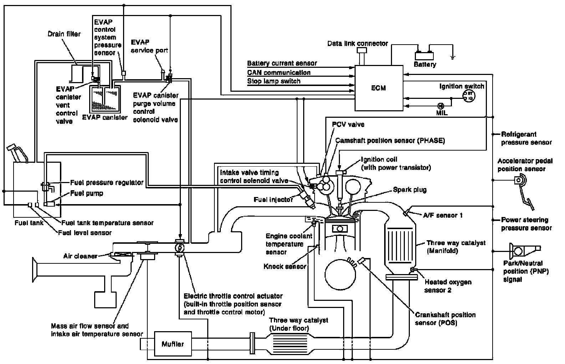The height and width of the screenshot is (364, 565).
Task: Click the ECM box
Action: click(378, 88)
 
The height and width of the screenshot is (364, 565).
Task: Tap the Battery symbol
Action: click(424, 56)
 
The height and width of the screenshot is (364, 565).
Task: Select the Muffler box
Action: click(173, 344)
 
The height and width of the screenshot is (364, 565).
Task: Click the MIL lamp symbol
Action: click(440, 106)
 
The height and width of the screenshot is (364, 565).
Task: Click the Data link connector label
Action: click(358, 44)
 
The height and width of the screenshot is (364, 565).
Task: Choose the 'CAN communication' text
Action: click(279, 72)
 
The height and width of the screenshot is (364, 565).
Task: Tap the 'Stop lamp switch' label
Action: click(274, 81)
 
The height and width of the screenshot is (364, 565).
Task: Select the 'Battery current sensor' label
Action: click(282, 64)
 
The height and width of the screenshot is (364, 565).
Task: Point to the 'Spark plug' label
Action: click(410, 190)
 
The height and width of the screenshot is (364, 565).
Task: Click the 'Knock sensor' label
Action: click(285, 266)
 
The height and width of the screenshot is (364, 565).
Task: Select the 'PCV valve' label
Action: click(348, 125)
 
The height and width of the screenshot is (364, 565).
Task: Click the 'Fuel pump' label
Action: click(87, 193)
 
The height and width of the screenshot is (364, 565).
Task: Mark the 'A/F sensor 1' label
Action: click(443, 215)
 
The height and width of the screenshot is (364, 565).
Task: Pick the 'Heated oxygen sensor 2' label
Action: click(448, 286)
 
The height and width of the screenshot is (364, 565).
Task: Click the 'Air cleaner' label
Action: click(80, 256)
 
